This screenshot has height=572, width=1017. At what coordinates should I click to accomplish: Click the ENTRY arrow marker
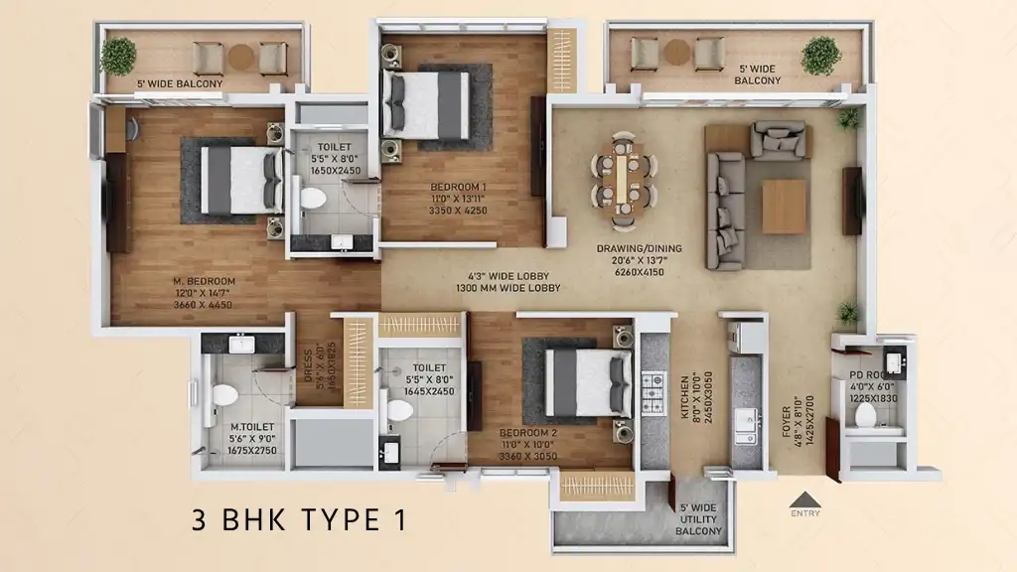tap(805, 500)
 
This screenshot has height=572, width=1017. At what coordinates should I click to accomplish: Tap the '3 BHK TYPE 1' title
tap(298, 519)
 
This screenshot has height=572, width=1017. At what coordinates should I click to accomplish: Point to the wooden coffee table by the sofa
tap(784, 207)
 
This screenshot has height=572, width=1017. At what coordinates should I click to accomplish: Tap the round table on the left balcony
tap(241, 58)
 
